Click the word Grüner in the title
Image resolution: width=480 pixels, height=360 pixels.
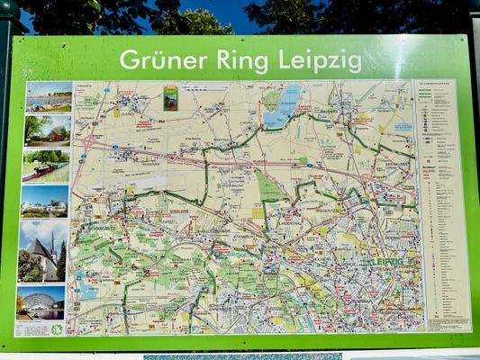click(161, 60)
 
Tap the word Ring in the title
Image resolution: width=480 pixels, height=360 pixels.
click(244, 60)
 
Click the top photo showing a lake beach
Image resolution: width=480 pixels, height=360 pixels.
click(49, 96)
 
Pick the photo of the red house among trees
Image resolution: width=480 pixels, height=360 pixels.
click(48, 130)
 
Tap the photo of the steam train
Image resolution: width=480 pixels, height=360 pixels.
click(46, 165)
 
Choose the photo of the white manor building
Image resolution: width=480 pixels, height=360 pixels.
click(44, 201)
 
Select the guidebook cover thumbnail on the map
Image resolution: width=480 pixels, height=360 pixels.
click(170, 97)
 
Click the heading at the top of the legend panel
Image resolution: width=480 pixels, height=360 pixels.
click(440, 86)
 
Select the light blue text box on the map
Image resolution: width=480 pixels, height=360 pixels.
click(403, 128)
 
